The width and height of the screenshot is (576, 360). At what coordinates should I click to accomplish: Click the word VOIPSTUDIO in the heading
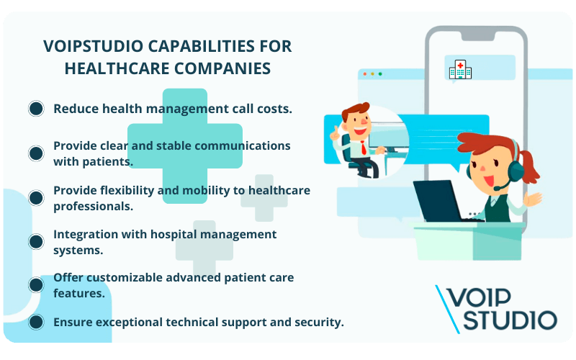(84, 47)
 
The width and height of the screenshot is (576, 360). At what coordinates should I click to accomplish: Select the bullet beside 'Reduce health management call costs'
(36, 109)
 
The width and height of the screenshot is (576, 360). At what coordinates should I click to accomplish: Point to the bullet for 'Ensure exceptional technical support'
(36, 322)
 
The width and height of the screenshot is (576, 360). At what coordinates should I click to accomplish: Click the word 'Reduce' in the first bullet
(76, 109)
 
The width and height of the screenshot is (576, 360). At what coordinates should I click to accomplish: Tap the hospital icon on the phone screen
(460, 69)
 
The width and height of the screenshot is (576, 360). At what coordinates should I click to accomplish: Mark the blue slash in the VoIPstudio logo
(446, 309)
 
